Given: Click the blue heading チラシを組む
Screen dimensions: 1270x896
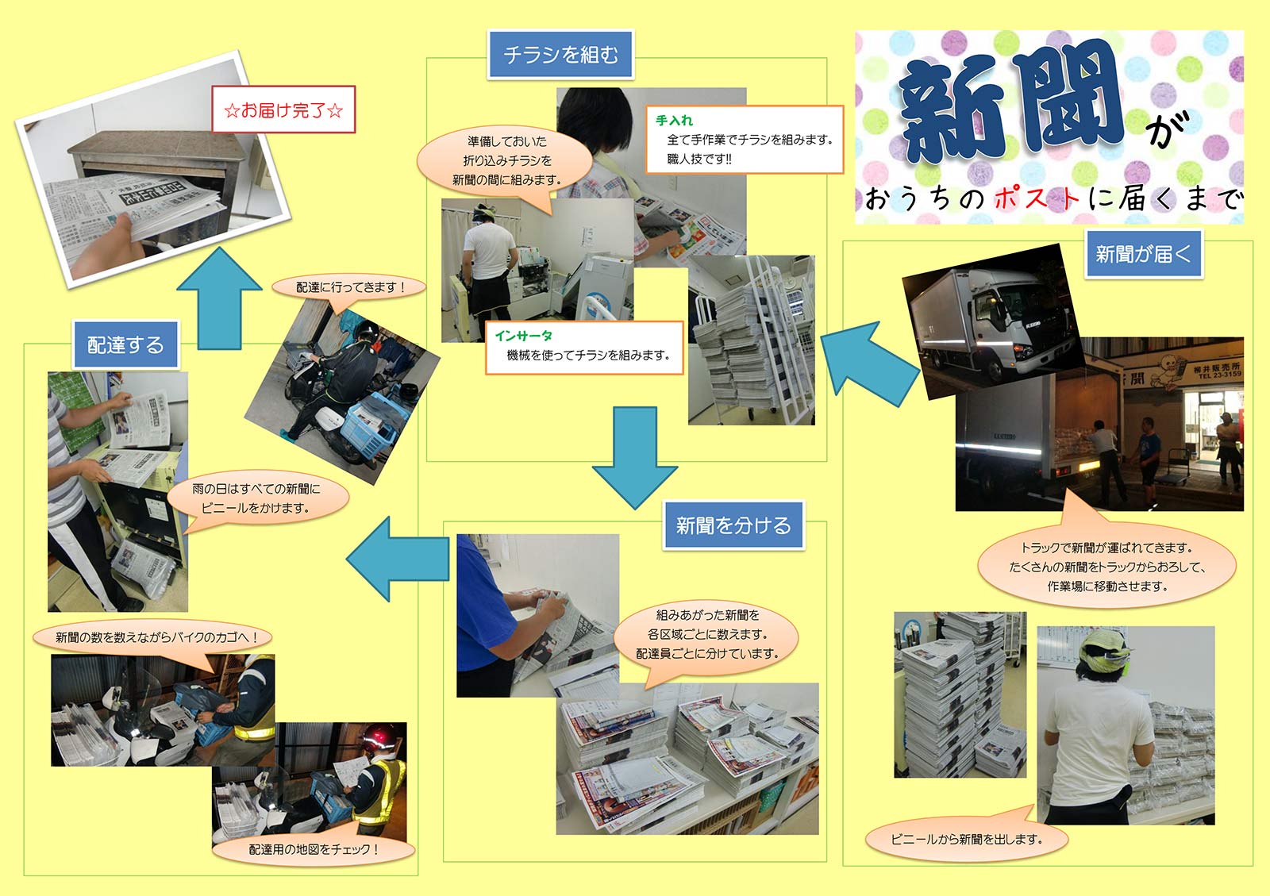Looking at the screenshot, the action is [560, 55].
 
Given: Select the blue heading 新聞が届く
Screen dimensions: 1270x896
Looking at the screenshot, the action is [1143, 254].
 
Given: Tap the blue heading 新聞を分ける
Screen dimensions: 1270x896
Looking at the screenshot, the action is [733, 525].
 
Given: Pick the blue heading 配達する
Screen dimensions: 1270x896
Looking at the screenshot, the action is [125, 344].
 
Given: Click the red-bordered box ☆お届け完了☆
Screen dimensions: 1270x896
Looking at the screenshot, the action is [283, 110].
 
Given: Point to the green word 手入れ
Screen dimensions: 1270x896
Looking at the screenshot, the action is [674, 120].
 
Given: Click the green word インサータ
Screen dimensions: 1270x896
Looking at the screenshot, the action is [523, 336].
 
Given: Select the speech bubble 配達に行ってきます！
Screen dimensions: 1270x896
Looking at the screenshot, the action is [349, 287].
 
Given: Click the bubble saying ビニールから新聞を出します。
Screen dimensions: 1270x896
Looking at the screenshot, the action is [966, 838].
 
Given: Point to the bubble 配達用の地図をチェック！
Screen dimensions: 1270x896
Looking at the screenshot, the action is [314, 849].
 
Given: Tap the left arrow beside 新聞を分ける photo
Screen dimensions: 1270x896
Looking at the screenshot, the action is [398, 559].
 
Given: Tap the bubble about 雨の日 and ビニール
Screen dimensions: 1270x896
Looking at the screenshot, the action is [258, 498].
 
